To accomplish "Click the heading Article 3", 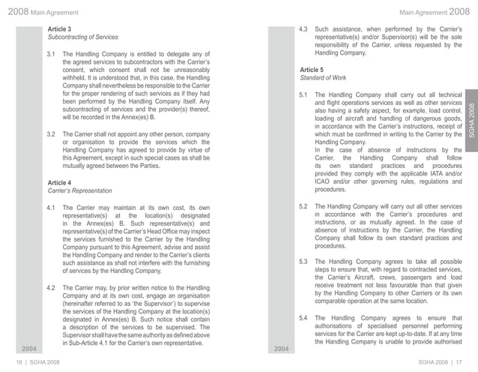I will (x=60, y=28).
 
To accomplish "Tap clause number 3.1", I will (x=52, y=55).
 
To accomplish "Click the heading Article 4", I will (x=60, y=182).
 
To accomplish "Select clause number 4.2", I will (x=52, y=286).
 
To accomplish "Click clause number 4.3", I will (x=303, y=28).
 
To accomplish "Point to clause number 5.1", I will (x=303, y=95).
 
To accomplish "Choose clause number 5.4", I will (x=303, y=318).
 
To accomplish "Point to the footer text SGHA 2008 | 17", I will (x=446, y=363).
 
